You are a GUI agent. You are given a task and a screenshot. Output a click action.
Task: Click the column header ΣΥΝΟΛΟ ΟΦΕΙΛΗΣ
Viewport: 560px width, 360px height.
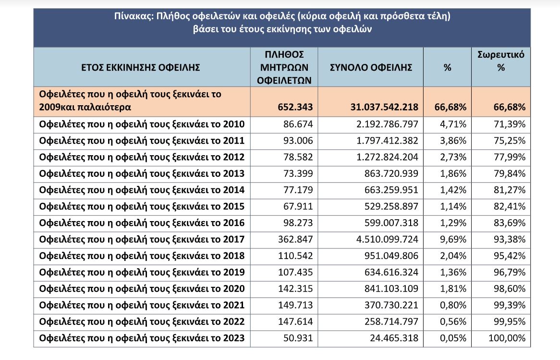point(371,67)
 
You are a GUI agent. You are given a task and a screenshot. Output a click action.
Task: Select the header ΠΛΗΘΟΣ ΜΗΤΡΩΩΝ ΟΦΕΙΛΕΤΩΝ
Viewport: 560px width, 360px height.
point(284,67)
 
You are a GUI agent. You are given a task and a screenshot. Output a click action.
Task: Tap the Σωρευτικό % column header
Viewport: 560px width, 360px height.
point(501,61)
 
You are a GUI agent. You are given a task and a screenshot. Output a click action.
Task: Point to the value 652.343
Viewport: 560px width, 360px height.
point(295,107)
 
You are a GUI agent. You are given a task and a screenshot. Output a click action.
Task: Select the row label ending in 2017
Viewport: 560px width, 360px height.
point(142,239)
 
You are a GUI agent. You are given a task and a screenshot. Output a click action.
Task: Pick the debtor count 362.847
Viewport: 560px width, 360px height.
point(295,239)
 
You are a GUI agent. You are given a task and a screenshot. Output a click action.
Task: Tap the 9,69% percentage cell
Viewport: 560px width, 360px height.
point(453,239)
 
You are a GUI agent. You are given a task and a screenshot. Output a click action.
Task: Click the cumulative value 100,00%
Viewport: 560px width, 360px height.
point(507,338)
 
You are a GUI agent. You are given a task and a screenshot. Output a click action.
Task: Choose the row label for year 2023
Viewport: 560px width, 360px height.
point(142,338)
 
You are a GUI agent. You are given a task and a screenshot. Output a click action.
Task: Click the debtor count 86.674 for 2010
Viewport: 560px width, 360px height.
point(298,125)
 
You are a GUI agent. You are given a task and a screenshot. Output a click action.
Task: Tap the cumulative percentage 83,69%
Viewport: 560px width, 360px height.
point(509,223)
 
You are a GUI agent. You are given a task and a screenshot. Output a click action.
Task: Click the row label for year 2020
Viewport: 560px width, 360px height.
point(142,289)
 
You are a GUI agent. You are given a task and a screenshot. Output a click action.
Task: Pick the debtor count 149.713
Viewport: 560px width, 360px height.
point(295,305)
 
